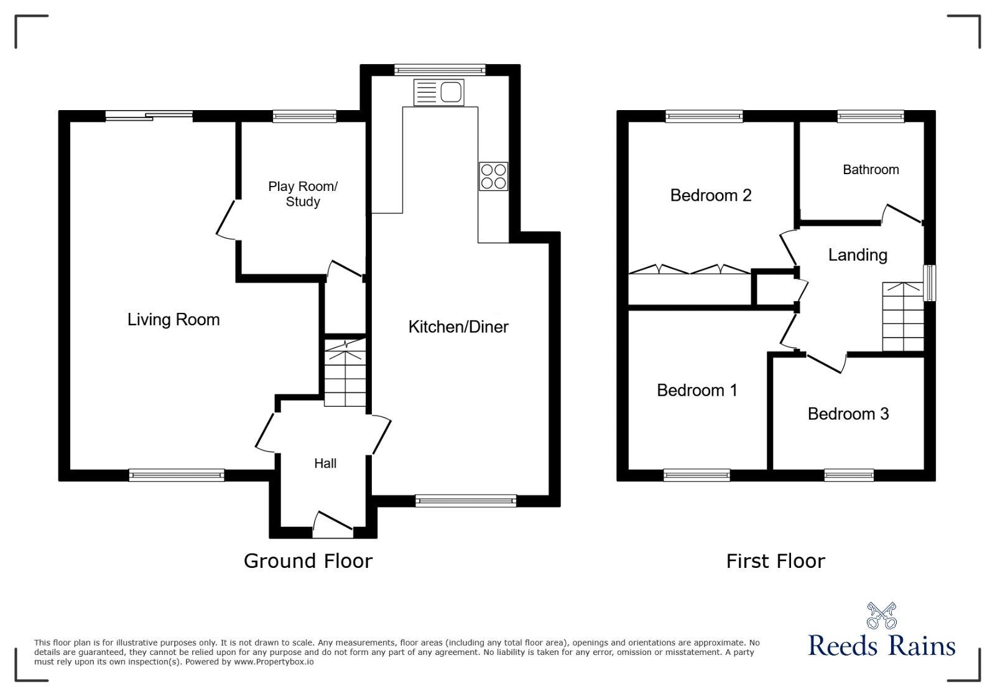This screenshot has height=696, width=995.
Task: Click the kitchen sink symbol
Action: click(438, 93)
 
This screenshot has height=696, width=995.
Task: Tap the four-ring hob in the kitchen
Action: click(493, 176)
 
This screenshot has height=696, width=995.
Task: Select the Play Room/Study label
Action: click(303, 194)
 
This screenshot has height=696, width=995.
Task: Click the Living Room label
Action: click(174, 320)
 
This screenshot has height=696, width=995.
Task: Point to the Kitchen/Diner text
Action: click(458, 327)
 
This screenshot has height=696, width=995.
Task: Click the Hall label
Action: click(325, 463)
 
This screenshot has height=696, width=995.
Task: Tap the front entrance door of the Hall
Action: click(333, 526)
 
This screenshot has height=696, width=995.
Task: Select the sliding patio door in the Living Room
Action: click(149, 115)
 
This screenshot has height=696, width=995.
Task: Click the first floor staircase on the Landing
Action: click(902, 317)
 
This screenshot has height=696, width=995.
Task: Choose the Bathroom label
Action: click(871, 170)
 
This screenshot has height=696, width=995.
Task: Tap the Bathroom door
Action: click(902, 213)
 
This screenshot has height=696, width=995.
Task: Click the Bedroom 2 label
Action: click(711, 195)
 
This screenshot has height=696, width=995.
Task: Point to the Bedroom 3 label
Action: click(848, 414)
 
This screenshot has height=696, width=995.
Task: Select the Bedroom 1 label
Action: click(697, 391)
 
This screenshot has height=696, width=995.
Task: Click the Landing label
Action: click(858, 255)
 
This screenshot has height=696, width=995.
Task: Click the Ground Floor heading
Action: click(308, 561)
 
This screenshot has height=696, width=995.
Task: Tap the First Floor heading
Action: click(775, 561)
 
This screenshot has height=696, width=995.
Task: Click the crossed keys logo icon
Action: click(882, 616)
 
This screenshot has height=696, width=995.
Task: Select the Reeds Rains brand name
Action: click(882, 646)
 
